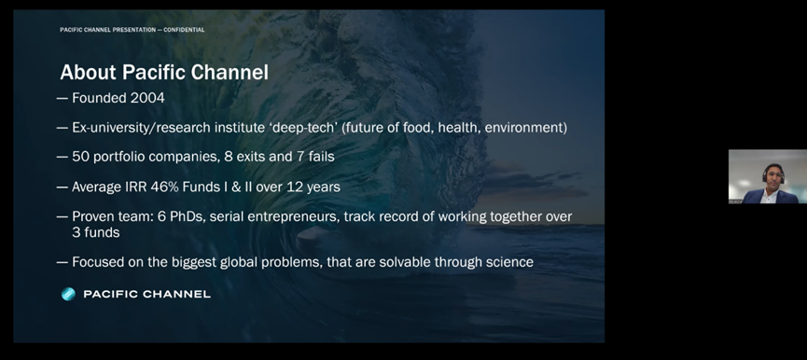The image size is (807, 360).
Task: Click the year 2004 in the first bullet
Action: coord(147,98)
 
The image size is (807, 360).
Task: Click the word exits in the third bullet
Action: coord(251,157)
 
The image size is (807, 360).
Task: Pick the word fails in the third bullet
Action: coord(322,157)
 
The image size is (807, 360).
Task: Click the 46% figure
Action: coord(165,187)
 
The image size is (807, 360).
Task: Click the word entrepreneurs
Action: coord(293,217)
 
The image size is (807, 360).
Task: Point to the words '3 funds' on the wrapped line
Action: coord(96,232)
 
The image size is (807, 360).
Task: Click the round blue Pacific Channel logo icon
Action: coord(68,294)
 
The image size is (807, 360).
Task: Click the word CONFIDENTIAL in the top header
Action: coord(184,30)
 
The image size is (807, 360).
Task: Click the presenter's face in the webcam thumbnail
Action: coord(772,176)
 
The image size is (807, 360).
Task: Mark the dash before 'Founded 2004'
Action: coord(63,98)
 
